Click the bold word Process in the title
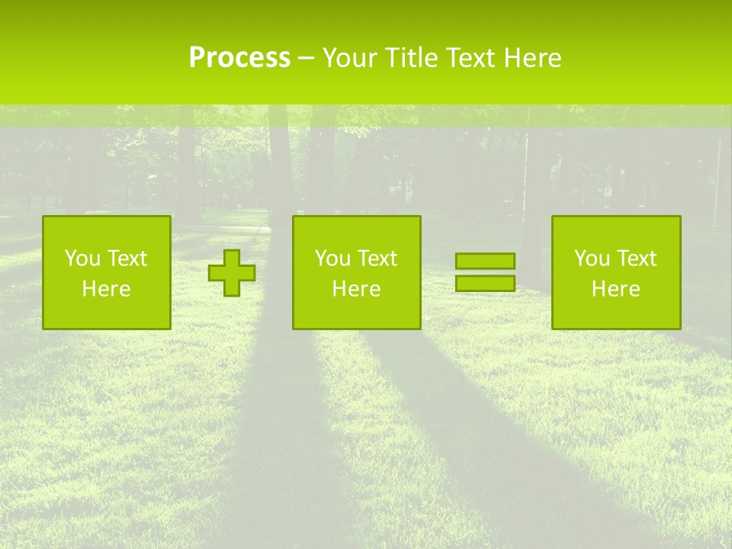pos(239,58)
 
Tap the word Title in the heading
pos(411,58)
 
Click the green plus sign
pos(232,273)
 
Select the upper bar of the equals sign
pos(485,261)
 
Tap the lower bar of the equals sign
pos(485,284)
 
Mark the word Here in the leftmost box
pos(106,289)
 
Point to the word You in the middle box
pos(331,258)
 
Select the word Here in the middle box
pos(356,289)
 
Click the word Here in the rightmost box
pos(615,289)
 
